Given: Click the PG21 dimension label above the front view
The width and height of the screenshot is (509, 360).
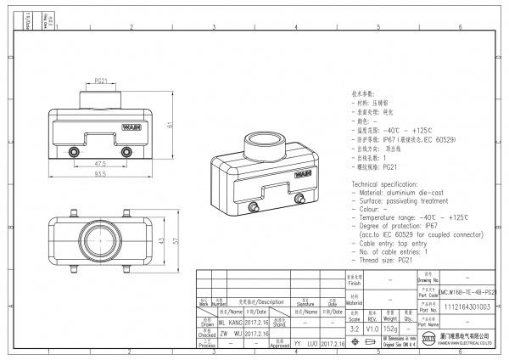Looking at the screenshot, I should pos(99,82).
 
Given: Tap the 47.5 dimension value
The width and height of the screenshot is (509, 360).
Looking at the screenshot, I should pos(99,163).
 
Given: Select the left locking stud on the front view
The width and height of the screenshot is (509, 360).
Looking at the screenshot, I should pos(71,152).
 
